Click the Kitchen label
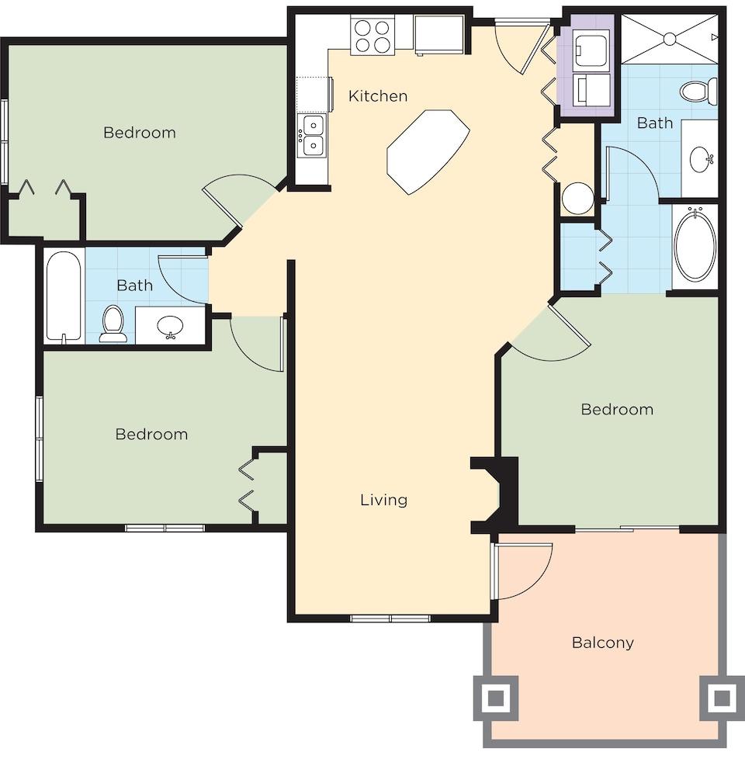(x=377, y=96)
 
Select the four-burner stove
(x=372, y=36)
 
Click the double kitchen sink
(x=313, y=135)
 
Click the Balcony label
(x=602, y=643)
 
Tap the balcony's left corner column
(x=496, y=698)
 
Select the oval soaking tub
(x=695, y=245)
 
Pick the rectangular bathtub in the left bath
(x=63, y=296)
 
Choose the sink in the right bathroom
(x=704, y=159)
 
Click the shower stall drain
(x=668, y=36)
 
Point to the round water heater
(x=577, y=198)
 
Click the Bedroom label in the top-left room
(x=140, y=133)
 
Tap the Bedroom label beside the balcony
(x=617, y=409)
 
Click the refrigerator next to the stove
(x=438, y=34)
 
